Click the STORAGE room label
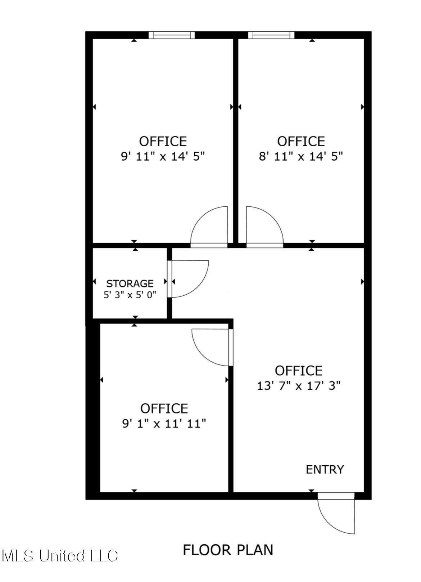coord(130,283)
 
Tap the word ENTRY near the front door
coord(325,470)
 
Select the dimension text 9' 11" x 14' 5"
coord(163,157)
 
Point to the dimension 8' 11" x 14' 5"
coord(301,157)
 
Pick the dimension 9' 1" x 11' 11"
coord(164,424)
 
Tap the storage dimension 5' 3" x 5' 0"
coord(130,295)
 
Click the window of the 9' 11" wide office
coord(172,35)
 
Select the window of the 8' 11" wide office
coord(271,35)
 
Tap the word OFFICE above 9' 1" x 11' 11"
coord(164,409)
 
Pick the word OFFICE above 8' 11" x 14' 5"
coord(301,141)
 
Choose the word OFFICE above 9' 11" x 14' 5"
coord(163,141)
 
